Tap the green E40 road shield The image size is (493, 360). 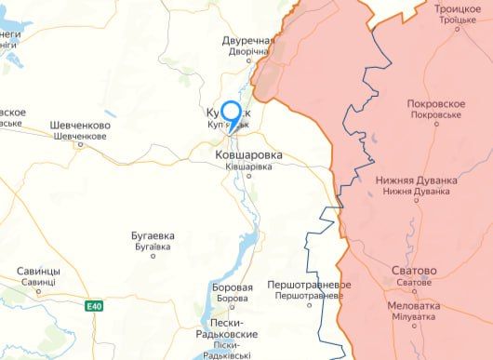click(94, 306)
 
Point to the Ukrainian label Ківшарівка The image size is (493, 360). click(248, 166)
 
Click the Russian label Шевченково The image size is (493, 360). click(80, 126)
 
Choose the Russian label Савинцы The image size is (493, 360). click(38, 272)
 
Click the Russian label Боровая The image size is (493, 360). click(233, 287)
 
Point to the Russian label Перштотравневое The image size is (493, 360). click(309, 284)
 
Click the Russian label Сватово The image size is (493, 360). click(413, 271)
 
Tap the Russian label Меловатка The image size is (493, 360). click(414, 305)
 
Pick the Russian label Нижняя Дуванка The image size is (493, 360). click(416, 180)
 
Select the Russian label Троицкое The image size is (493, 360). click(458, 8)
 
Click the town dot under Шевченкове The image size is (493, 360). click(80, 144)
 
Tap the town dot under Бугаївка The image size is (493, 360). click(153, 256)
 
